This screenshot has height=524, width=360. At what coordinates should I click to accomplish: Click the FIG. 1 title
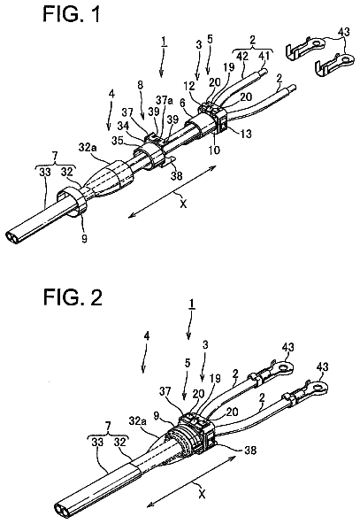72,14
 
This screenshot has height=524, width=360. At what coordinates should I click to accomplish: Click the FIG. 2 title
73,297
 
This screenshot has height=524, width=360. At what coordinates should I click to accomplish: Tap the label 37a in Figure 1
164,100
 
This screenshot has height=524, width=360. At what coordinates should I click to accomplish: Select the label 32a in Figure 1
87,147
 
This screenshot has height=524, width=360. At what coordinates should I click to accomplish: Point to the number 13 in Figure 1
245,134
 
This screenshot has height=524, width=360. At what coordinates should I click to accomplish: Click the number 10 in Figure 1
214,150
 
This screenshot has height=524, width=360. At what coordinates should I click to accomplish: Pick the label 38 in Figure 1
177,175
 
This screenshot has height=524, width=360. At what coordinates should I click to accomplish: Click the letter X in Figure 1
183,204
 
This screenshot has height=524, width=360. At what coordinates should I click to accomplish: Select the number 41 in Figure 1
264,56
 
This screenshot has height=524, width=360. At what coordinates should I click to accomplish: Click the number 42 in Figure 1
242,56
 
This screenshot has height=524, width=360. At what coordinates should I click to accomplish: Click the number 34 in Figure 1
124,127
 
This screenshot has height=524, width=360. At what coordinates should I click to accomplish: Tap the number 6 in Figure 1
183,104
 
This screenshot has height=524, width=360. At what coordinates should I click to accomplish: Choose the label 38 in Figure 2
250,451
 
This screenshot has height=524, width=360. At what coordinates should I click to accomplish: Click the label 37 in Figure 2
166,390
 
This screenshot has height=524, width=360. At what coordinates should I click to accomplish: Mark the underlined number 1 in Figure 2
192,304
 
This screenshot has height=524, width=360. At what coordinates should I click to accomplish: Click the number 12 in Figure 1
188,86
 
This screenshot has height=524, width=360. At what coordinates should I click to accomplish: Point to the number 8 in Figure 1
140,85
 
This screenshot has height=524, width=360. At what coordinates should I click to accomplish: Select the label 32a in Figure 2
136,420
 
